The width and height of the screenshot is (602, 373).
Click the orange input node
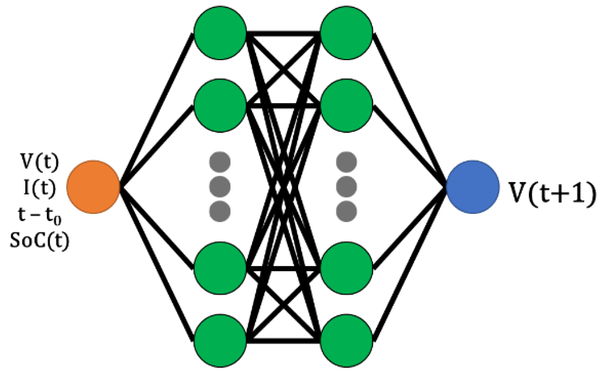(x=93, y=187)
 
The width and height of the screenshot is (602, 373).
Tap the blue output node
(x=473, y=187)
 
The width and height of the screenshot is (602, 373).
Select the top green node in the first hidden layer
(x=220, y=33)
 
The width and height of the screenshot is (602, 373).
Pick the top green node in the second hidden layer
(x=346, y=33)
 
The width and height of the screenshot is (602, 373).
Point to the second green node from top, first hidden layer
(x=220, y=105)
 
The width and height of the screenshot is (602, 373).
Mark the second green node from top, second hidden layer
(x=346, y=105)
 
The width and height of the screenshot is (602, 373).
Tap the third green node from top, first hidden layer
(x=220, y=268)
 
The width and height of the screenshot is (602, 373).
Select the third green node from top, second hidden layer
(x=346, y=268)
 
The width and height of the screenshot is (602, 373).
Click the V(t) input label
(x=40, y=162)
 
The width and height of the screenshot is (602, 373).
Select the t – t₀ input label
(x=40, y=215)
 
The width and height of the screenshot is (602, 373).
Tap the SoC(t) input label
(x=40, y=240)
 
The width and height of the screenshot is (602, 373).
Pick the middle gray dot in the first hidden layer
(x=220, y=186)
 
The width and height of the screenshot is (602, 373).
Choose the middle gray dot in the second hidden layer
(x=346, y=186)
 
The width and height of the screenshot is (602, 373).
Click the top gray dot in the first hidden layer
(x=220, y=162)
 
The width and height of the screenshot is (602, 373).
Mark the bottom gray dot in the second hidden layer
(x=346, y=211)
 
